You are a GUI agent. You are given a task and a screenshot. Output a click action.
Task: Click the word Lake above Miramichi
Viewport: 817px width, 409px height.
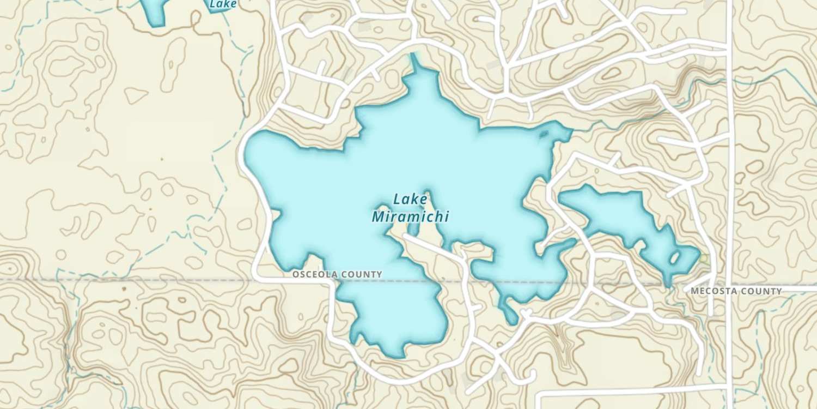click(410, 200)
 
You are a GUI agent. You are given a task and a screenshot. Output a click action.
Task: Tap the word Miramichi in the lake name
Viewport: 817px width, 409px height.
click(410, 217)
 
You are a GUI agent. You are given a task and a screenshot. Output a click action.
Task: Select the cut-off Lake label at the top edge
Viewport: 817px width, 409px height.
click(223, 4)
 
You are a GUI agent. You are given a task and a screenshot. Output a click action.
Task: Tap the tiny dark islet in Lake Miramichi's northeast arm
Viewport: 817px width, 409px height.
click(542, 135)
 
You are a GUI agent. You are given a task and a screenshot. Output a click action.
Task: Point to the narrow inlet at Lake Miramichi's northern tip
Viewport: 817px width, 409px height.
click(417, 61)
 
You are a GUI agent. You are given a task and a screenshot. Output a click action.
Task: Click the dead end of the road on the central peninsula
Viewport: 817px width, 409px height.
click(405, 236)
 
